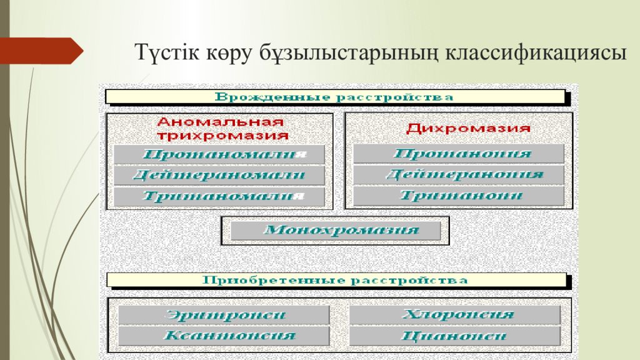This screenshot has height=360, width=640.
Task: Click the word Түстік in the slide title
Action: (x=164, y=52)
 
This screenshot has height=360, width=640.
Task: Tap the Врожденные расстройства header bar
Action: (x=335, y=97)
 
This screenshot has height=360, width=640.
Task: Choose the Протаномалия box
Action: (x=219, y=154)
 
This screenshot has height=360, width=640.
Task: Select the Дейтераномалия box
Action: (x=219, y=175)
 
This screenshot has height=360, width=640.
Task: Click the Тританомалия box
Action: (x=219, y=196)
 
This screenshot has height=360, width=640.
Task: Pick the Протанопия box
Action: (x=459, y=154)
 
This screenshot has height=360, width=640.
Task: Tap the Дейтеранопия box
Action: (x=459, y=174)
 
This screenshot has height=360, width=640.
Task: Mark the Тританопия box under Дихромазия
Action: (x=459, y=196)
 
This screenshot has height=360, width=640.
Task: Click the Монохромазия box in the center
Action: (x=336, y=231)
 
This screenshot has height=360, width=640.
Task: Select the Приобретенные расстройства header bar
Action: (x=335, y=280)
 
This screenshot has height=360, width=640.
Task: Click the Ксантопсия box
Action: (x=224, y=336)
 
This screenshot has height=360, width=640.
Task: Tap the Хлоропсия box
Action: (x=454, y=315)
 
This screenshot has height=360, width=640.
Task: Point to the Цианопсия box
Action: (x=454, y=336)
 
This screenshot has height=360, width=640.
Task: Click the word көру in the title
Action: (x=224, y=52)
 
